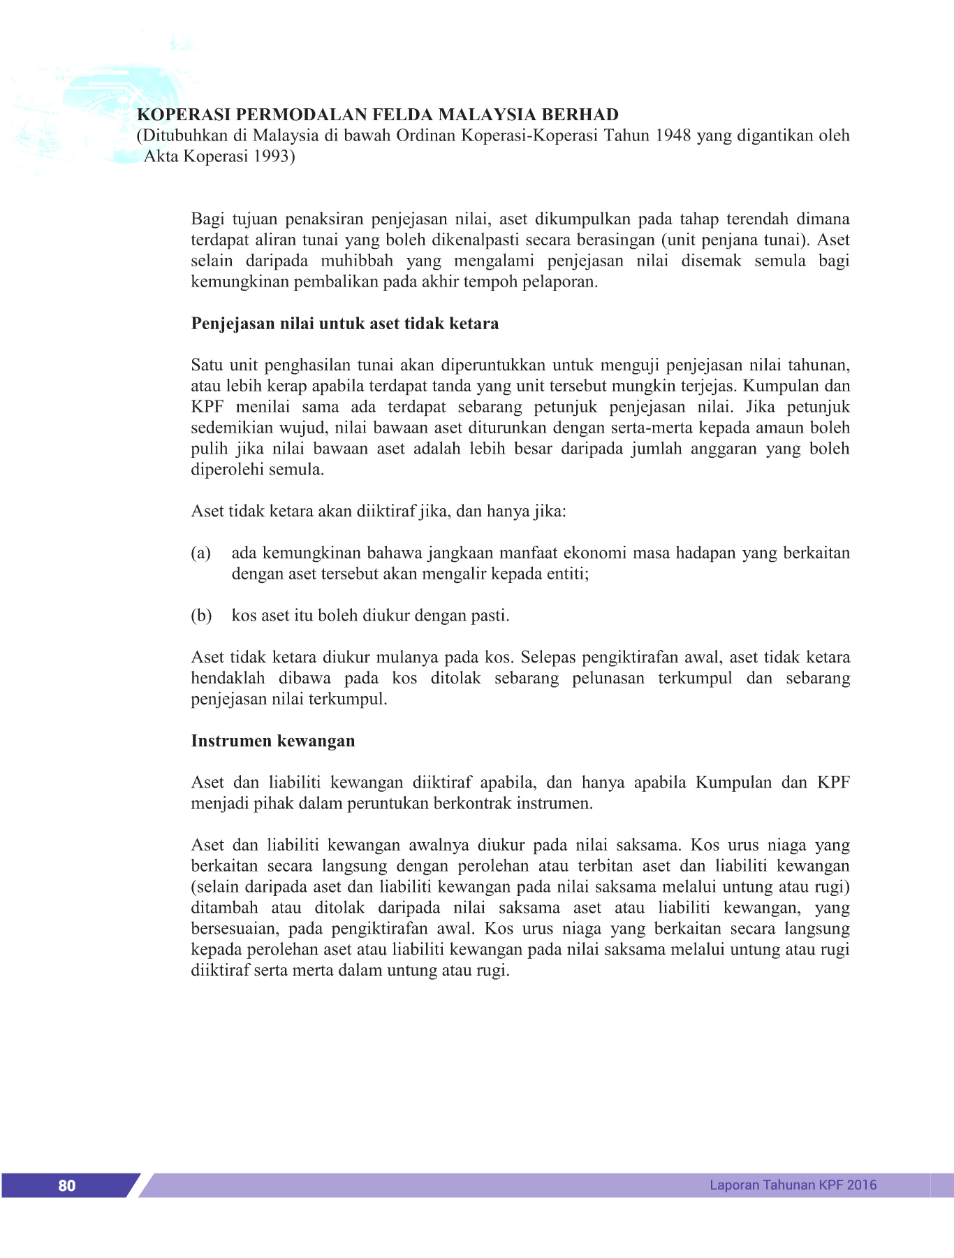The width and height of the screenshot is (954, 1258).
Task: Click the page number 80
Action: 66,1185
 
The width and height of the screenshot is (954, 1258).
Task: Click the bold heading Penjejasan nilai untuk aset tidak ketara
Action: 344,324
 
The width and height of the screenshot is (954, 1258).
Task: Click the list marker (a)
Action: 201,553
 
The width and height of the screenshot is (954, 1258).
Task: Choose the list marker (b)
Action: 201,616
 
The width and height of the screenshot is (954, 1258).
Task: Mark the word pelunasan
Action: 608,678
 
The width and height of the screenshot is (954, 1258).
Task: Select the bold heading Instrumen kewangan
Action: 272,741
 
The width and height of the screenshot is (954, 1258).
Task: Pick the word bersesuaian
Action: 233,929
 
